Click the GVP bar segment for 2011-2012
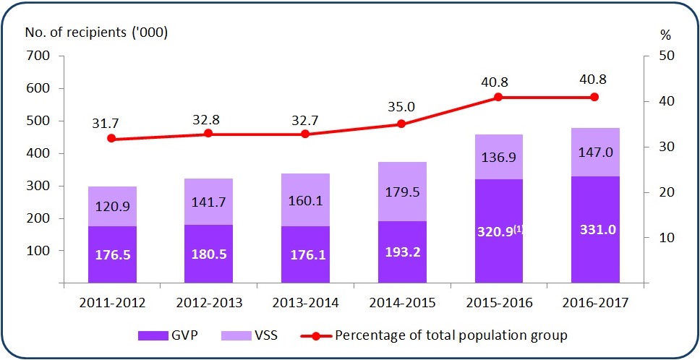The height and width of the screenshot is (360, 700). pos(111,254)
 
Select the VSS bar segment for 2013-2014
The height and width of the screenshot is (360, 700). pos(304,200)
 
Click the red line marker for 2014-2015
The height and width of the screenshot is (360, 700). pos(401,124)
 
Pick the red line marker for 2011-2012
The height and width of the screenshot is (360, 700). pos(111,138)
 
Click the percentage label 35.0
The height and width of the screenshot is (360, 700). pos(401,106)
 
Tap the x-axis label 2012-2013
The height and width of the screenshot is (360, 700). pos(208,302)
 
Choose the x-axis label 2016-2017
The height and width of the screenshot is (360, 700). pos(595,302)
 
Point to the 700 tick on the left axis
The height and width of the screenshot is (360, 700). pos(38,56)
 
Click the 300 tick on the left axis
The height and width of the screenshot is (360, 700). pos(38,187)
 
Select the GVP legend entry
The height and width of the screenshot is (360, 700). pos(166,335)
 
